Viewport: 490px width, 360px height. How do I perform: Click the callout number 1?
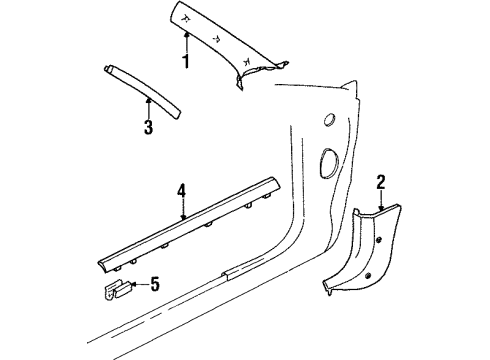[x=184, y=62]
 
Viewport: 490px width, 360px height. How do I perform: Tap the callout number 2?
[x=381, y=180]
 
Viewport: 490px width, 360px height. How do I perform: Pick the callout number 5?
[x=153, y=285]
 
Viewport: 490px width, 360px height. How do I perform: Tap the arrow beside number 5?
[x=135, y=285]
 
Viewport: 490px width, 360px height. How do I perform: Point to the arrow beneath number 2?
[x=381, y=200]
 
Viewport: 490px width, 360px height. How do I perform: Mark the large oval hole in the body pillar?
[x=327, y=163]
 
